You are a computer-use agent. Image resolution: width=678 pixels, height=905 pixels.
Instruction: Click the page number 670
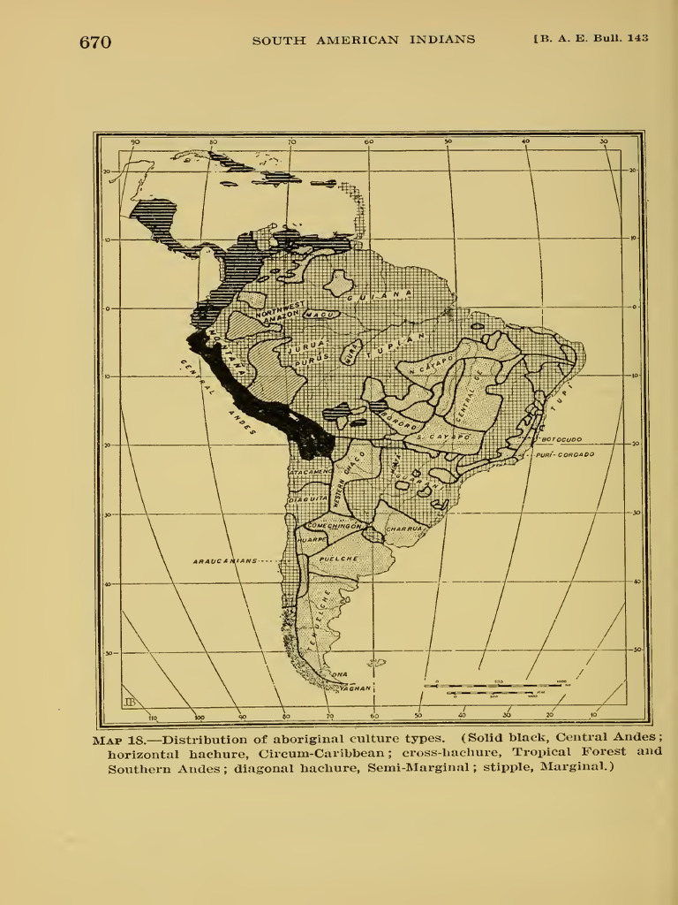point(95,42)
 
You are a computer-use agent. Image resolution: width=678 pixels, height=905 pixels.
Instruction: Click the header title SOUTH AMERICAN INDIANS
point(363,40)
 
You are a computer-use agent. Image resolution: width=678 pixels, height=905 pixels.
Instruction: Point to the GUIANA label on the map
point(379,295)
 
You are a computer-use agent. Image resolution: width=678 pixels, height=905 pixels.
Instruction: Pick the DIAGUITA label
point(308,500)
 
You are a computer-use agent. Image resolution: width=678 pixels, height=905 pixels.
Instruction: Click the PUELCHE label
point(337,560)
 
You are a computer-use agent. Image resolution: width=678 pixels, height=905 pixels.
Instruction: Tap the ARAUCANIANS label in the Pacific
point(225,560)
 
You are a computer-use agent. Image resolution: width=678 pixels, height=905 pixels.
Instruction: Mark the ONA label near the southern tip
point(339,674)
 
